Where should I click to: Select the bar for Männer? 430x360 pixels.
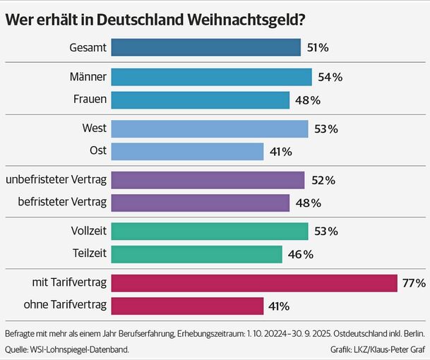211,77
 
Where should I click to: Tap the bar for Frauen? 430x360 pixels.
200,100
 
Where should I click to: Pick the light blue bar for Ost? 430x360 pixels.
187,151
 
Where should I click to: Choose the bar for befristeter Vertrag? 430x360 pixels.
200,203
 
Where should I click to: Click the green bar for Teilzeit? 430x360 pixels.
196,254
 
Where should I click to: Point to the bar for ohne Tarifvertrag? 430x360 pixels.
187,306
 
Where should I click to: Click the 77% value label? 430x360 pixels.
414,284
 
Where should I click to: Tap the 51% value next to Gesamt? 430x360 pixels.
318,48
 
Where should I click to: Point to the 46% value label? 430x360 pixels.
299,254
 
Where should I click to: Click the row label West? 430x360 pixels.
94,128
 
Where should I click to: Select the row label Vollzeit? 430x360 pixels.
88,231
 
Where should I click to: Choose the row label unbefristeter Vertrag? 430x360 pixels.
56,180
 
